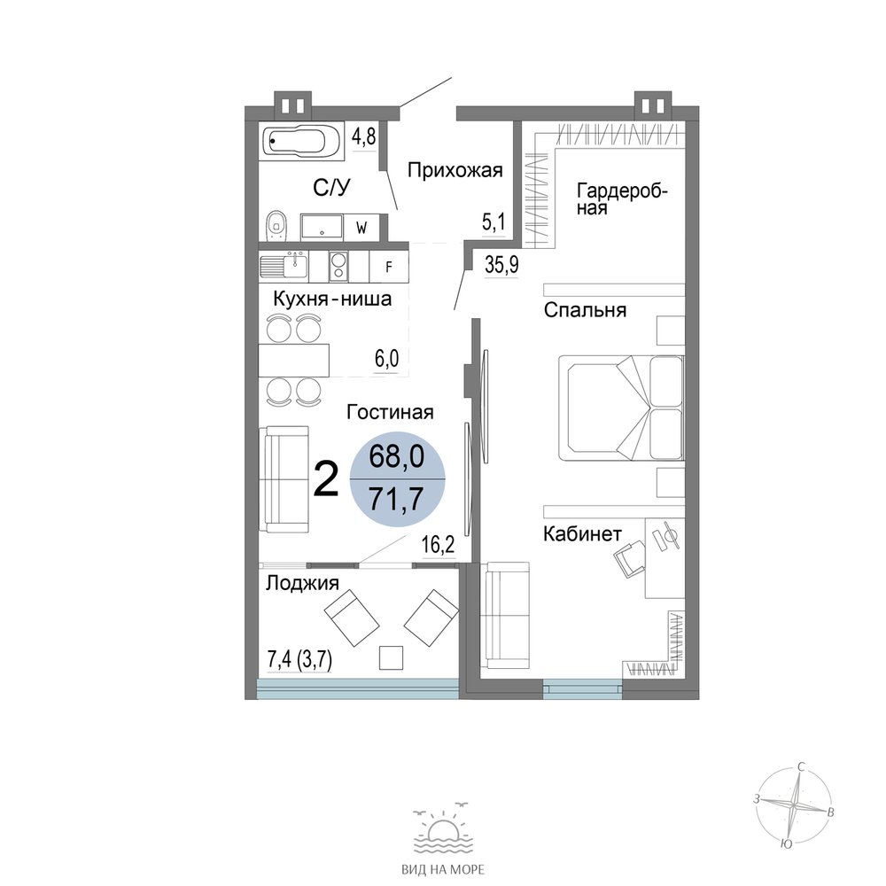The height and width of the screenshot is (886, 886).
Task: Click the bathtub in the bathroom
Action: point(301,141)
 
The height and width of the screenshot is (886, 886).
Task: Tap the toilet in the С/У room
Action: point(276,225)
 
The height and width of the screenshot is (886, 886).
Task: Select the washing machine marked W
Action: point(361,227)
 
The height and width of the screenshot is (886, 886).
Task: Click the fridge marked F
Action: point(389,267)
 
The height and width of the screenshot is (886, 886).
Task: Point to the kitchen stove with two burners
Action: point(338,267)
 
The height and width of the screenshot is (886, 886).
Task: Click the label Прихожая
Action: point(455,170)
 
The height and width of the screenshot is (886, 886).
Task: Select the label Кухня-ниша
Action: point(332,299)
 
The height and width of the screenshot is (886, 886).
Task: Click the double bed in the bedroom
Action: point(621,407)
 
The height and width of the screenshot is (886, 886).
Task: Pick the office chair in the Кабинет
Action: point(630,557)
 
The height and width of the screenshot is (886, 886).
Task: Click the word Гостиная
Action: point(390,413)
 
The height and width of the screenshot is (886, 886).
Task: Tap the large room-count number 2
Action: point(326,479)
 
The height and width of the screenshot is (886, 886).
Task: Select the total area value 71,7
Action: point(396,499)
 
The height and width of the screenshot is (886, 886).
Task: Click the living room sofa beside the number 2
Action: point(284,479)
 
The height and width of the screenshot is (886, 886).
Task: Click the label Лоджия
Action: point(302,583)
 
